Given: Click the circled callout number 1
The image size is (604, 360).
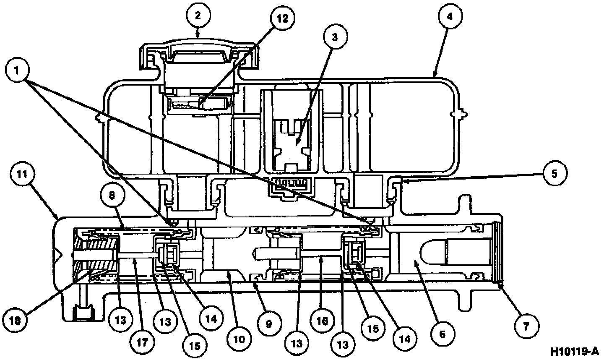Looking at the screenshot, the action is (18, 70).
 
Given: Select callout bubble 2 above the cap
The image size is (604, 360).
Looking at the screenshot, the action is (198, 16).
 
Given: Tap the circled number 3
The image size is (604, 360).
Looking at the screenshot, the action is (334, 37).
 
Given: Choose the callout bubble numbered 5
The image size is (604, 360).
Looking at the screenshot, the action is (554, 173).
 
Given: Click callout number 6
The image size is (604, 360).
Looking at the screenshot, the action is (444, 334).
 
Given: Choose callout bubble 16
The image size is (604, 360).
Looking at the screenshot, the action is (322, 321).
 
